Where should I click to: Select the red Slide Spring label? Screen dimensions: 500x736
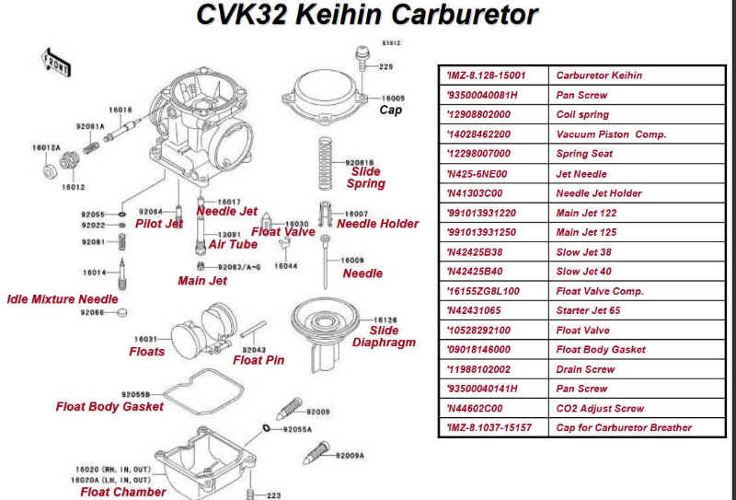click(x=365, y=178)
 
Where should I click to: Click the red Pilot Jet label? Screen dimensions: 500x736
click(x=159, y=224)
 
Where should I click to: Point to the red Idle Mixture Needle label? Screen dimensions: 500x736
click(x=63, y=299)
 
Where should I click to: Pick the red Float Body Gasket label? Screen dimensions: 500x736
click(x=109, y=406)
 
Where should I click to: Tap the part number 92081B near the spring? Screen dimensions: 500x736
click(x=361, y=162)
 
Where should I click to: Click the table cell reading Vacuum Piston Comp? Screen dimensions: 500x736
click(x=611, y=134)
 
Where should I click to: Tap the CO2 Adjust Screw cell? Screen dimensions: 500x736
click(x=600, y=408)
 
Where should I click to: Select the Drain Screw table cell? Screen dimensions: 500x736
click(x=585, y=369)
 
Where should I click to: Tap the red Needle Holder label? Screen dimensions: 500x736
click(x=377, y=224)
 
